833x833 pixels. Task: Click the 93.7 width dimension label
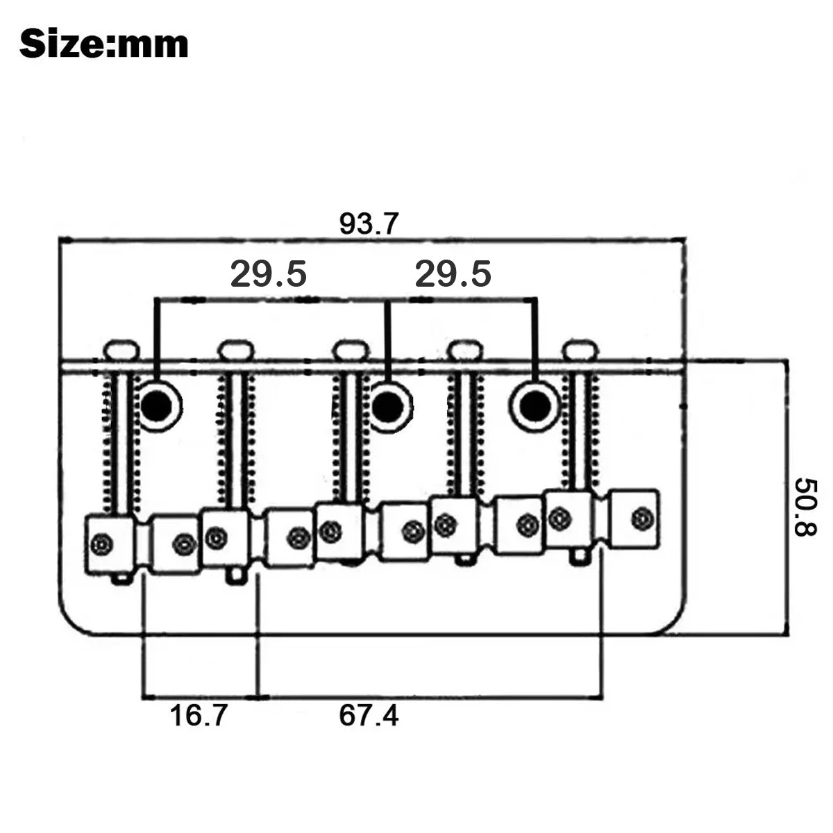click(x=369, y=224)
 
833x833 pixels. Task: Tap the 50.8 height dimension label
click(x=805, y=507)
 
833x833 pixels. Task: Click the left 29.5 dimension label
click(x=268, y=274)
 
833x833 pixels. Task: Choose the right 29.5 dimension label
click(x=453, y=274)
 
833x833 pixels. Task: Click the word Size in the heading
click(x=61, y=44)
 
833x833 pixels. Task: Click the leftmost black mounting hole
click(x=156, y=405)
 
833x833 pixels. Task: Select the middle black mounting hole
click(x=388, y=407)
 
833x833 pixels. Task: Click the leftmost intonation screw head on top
click(x=121, y=350)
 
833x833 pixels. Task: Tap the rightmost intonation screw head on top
click(x=580, y=350)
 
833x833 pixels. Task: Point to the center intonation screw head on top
click(x=351, y=350)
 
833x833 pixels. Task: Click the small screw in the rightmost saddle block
click(x=642, y=518)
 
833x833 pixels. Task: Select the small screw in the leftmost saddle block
click(x=102, y=544)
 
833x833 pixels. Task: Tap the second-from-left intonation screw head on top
click(x=235, y=350)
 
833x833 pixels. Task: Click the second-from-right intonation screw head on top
click(x=465, y=350)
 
